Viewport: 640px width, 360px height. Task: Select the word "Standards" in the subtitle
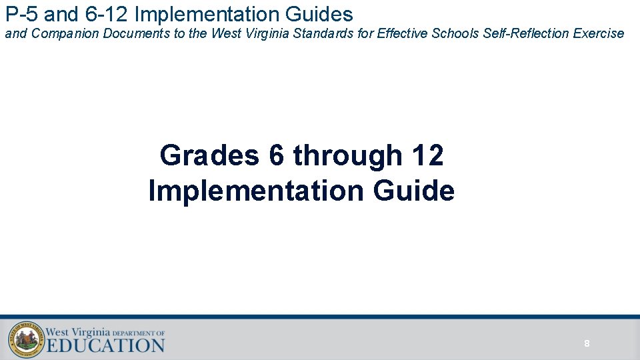coord(317,33)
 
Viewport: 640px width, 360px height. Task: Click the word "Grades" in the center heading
coord(209,156)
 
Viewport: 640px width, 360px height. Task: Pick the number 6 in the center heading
coord(277,156)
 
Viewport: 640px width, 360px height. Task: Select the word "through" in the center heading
coord(347,156)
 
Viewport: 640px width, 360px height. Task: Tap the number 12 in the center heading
coord(428,156)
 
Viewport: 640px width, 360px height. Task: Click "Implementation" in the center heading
coord(257,191)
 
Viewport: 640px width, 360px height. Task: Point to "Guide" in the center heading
coord(413,191)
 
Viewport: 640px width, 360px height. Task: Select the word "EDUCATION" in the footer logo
coord(105,345)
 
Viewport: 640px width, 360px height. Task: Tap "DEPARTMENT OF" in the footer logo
coord(138,333)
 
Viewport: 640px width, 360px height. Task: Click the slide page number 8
coord(587,344)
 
